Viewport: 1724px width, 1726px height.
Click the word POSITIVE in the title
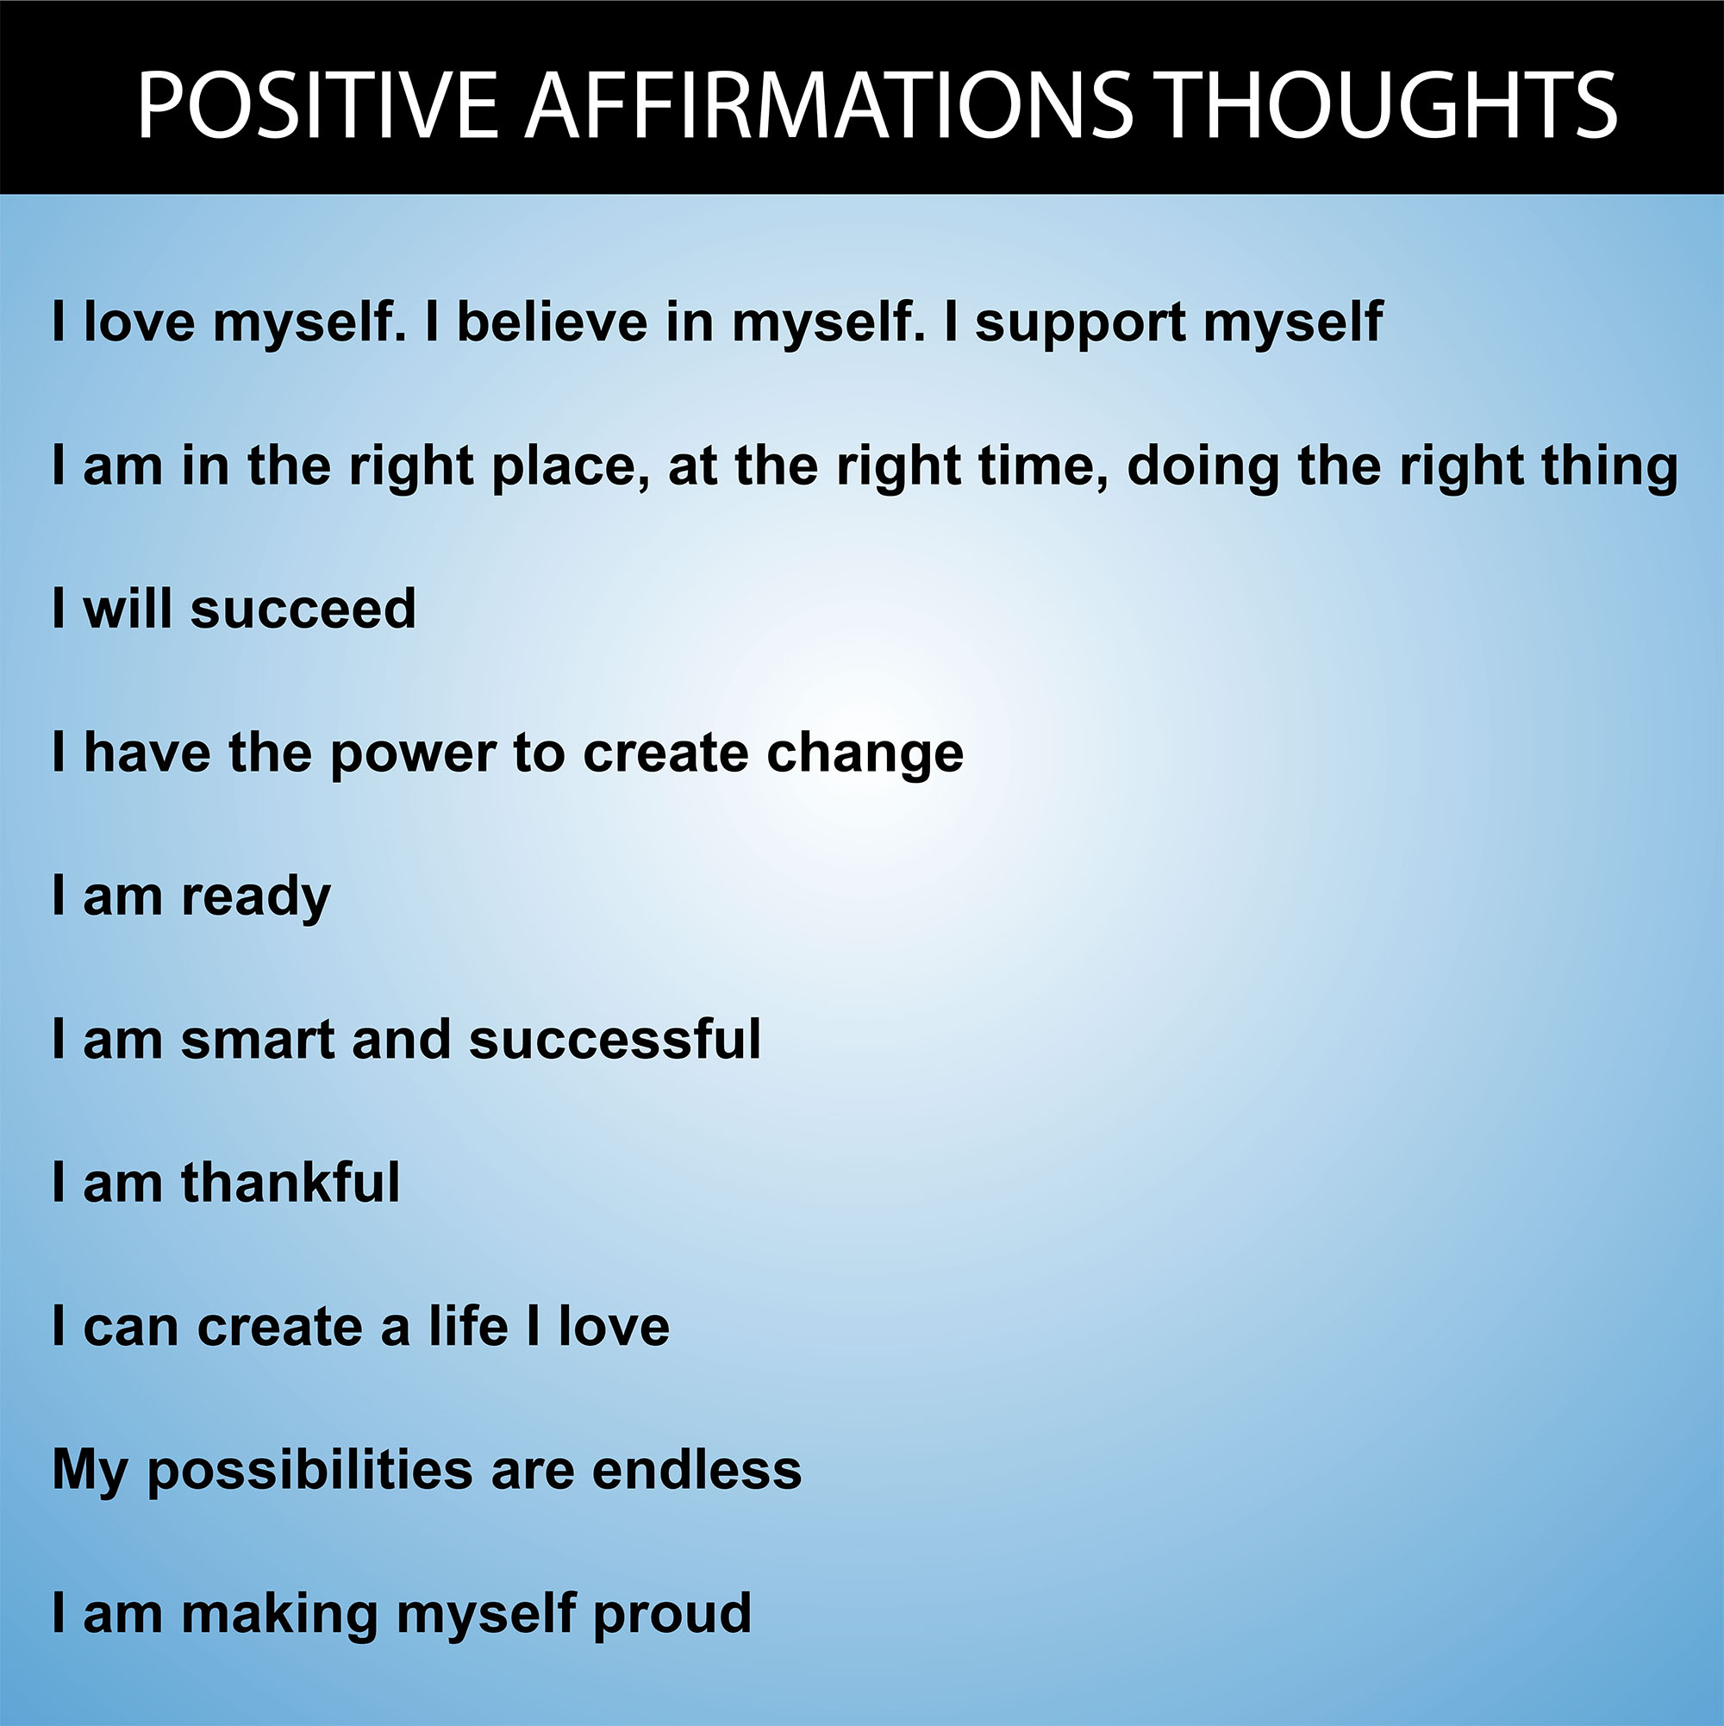[x=317, y=105]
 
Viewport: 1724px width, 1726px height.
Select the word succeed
[x=303, y=609]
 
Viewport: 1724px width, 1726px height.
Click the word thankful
[x=290, y=1182]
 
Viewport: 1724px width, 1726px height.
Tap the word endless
[x=696, y=1469]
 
